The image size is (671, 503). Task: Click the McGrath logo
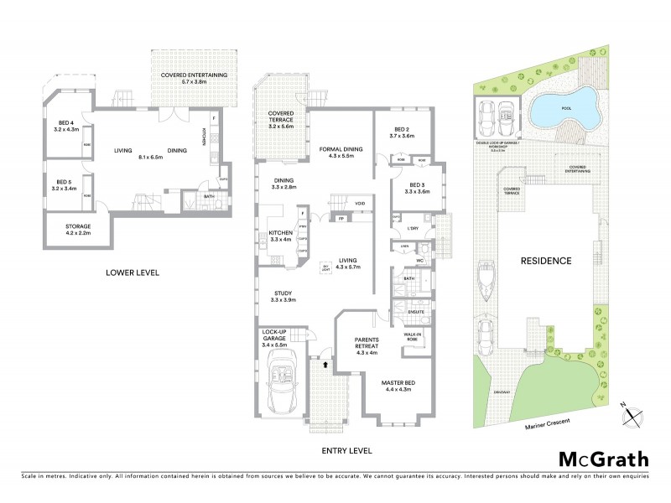click(x=604, y=459)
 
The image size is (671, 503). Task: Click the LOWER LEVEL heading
click(x=133, y=272)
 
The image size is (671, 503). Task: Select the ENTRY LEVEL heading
click(x=347, y=450)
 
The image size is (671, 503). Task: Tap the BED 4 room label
click(x=65, y=127)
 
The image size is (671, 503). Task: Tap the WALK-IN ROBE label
click(x=413, y=335)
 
